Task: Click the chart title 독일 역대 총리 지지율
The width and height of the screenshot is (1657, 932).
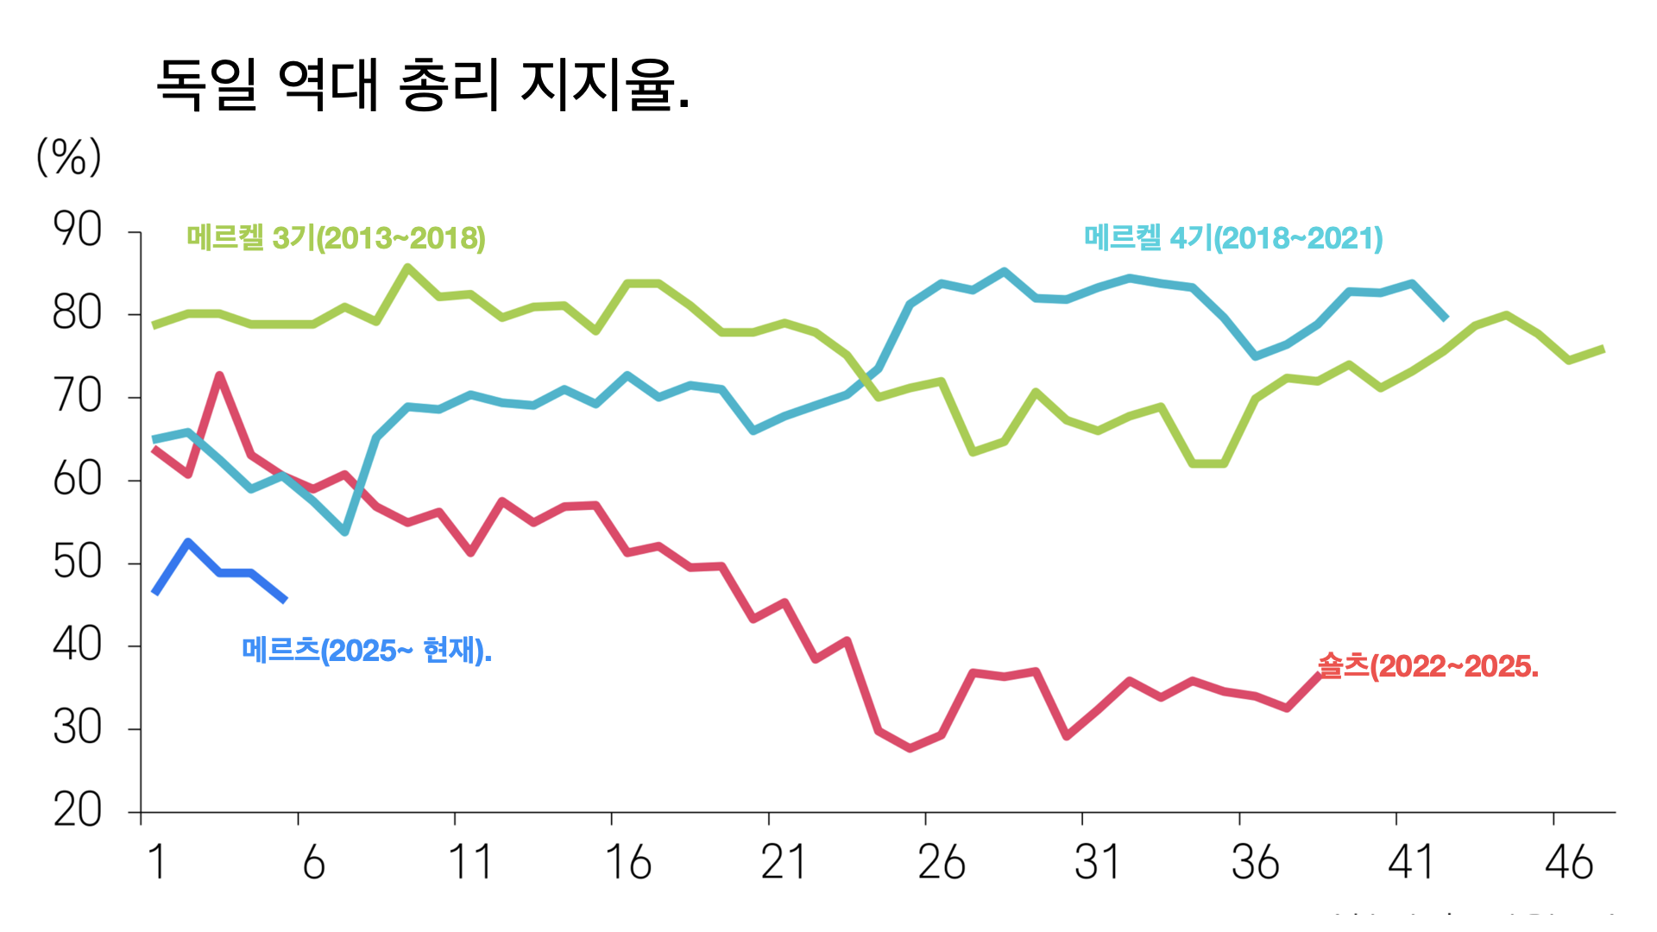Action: coord(423,85)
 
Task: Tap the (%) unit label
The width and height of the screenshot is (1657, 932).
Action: coord(69,157)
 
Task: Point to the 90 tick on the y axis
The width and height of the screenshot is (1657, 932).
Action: coord(78,230)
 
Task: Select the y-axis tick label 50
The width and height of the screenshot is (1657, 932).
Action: coord(78,563)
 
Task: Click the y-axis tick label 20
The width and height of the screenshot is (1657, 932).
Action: coord(78,811)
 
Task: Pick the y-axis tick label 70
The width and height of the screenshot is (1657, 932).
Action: coord(78,397)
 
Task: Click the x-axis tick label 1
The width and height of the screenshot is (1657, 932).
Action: coord(156,862)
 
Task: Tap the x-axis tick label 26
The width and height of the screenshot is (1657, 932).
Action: coord(942,862)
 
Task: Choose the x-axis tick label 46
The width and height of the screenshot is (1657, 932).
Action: coord(1569,862)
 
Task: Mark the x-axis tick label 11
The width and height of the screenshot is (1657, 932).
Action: coord(470,862)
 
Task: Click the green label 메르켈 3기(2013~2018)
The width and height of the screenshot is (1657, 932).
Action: coord(336,238)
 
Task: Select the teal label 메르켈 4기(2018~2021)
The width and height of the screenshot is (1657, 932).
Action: coord(1233,238)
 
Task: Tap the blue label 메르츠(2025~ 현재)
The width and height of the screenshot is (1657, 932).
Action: coord(367,651)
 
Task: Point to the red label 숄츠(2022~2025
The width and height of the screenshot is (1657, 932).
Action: coord(1427,666)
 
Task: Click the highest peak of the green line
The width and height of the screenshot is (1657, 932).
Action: coord(407,268)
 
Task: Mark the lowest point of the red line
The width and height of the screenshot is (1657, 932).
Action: coord(910,747)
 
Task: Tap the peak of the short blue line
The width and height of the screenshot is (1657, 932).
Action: coord(188,542)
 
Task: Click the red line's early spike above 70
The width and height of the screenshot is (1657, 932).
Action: coord(219,375)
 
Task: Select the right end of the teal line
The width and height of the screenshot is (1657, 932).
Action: coord(1446,318)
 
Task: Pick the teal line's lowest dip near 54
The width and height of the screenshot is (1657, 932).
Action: coord(345,532)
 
